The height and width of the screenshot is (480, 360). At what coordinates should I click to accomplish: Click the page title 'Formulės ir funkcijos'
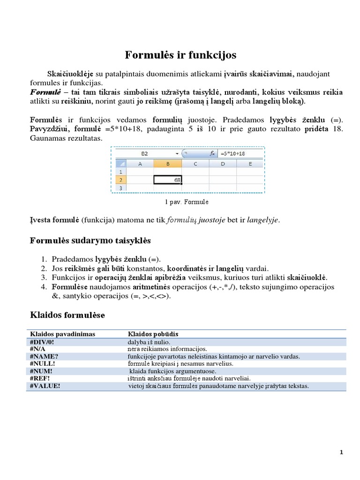(180, 55)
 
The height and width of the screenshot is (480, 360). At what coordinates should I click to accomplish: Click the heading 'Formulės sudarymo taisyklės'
(90, 240)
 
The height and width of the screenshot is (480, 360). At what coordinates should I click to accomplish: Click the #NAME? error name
(44, 356)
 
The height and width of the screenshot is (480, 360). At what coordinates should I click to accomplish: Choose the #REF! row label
(40, 378)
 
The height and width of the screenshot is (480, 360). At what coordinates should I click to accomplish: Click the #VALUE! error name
(45, 386)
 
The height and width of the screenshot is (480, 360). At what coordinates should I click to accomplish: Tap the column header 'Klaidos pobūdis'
(153, 334)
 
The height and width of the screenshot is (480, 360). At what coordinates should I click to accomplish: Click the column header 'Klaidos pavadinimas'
(63, 334)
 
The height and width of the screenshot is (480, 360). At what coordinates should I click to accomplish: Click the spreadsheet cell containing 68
(168, 180)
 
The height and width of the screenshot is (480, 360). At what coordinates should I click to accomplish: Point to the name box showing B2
(144, 153)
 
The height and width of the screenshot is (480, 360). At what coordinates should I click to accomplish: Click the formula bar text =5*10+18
(232, 153)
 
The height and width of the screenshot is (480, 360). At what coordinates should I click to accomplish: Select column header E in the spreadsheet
(250, 164)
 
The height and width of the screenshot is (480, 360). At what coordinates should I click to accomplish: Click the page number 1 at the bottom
(342, 452)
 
